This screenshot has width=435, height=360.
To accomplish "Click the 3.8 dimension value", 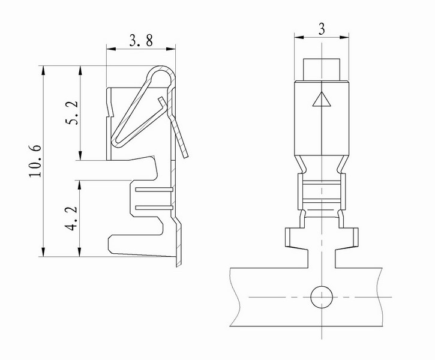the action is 141,40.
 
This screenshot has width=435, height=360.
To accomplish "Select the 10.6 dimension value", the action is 35,161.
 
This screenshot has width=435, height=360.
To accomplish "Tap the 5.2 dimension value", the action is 72,113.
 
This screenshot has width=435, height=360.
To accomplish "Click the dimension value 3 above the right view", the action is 322,29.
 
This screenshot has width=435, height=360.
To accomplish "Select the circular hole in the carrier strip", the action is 322,297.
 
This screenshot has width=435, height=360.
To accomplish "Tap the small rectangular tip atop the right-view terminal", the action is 322,70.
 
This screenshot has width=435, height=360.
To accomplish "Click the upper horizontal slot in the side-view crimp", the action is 154,190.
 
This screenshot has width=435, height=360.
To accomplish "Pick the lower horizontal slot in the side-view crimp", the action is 154,208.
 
